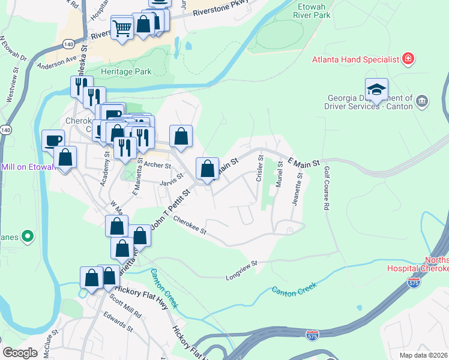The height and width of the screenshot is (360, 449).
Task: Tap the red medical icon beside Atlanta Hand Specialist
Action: tap(408, 59)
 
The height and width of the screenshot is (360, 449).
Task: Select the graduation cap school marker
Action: tap(376, 90)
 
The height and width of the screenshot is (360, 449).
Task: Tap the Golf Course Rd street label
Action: tap(327, 190)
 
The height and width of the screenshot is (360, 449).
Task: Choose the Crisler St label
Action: tap(260, 169)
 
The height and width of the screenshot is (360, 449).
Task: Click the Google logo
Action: tap(20, 353)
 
